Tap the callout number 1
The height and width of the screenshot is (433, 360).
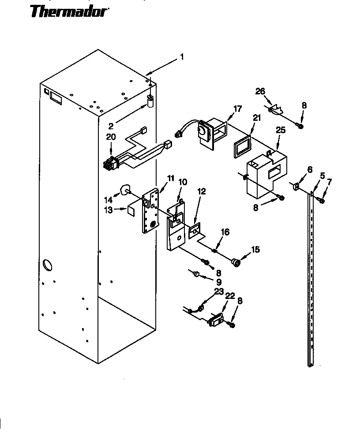(181, 57)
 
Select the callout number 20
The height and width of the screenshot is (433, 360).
(111, 137)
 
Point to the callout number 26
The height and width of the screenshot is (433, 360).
(260, 91)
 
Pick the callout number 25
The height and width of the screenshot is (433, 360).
(281, 131)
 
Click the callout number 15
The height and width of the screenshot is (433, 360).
(255, 250)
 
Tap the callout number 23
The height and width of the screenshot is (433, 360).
(219, 291)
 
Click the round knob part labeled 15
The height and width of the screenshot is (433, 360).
(237, 263)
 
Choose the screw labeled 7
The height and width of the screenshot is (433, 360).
(321, 201)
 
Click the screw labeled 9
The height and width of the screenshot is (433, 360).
(196, 275)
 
